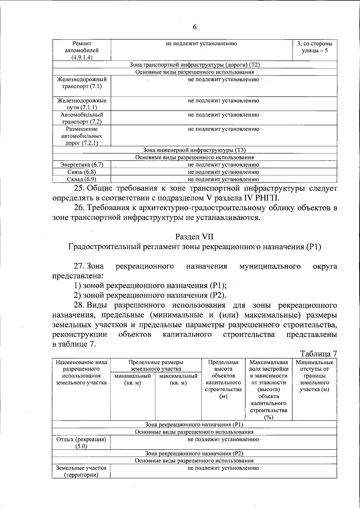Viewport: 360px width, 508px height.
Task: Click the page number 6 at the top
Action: pyautogui.click(x=194, y=27)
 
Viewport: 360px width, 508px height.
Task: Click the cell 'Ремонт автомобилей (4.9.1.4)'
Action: pyautogui.click(x=82, y=50)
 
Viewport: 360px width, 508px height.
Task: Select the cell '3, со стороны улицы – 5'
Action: pyautogui.click(x=315, y=47)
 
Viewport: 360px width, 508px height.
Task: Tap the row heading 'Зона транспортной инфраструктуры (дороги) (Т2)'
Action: pyautogui.click(x=194, y=65)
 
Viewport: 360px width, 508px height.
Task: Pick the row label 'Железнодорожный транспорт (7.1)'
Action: pyautogui.click(x=82, y=83)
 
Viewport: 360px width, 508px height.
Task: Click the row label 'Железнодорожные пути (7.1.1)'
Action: pyautogui.click(x=82, y=104)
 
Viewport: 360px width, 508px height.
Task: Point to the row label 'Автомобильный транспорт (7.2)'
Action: pyautogui.click(x=82, y=118)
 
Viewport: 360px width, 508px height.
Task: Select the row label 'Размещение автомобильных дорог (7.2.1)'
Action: pyautogui.click(x=82, y=136)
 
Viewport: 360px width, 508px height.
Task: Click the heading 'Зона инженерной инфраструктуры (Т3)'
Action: pyautogui.click(x=194, y=150)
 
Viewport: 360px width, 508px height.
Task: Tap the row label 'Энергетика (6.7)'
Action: pyautogui.click(x=82, y=165)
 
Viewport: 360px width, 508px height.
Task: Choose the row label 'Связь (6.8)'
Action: pyautogui.click(x=82, y=172)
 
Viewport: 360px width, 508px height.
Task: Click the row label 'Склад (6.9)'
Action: pyautogui.click(x=82, y=179)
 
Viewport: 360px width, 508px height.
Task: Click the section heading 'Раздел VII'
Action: pyautogui.click(x=194, y=236)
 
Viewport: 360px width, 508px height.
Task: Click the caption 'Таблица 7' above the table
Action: pyautogui.click(x=319, y=354)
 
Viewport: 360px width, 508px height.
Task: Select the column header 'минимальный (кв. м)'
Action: pyautogui.click(x=133, y=379)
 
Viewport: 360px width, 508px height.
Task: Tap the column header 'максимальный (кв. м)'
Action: pyautogui.click(x=178, y=379)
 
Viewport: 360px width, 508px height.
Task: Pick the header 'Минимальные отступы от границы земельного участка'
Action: pyautogui.click(x=314, y=376)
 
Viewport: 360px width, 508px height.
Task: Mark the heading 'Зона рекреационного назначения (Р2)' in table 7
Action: pyautogui.click(x=194, y=453)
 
